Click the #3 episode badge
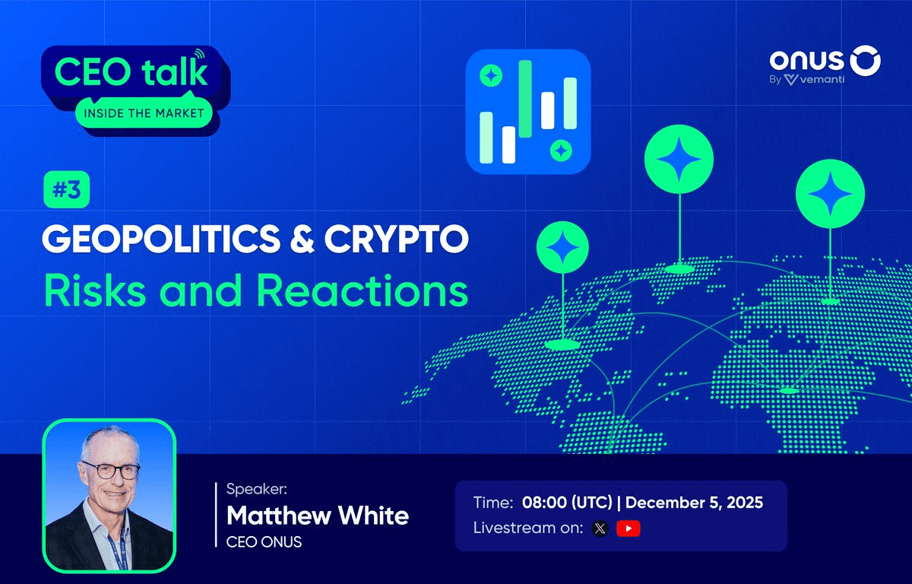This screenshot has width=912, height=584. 67,192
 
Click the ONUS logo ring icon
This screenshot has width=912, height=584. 865,62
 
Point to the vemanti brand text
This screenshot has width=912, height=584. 815,79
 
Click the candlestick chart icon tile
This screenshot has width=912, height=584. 527,108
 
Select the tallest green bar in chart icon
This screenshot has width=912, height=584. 525,98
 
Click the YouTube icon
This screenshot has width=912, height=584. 628,528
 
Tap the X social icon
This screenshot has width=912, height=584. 600,528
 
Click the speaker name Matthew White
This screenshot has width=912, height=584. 318,516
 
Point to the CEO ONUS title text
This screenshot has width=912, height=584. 264,542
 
